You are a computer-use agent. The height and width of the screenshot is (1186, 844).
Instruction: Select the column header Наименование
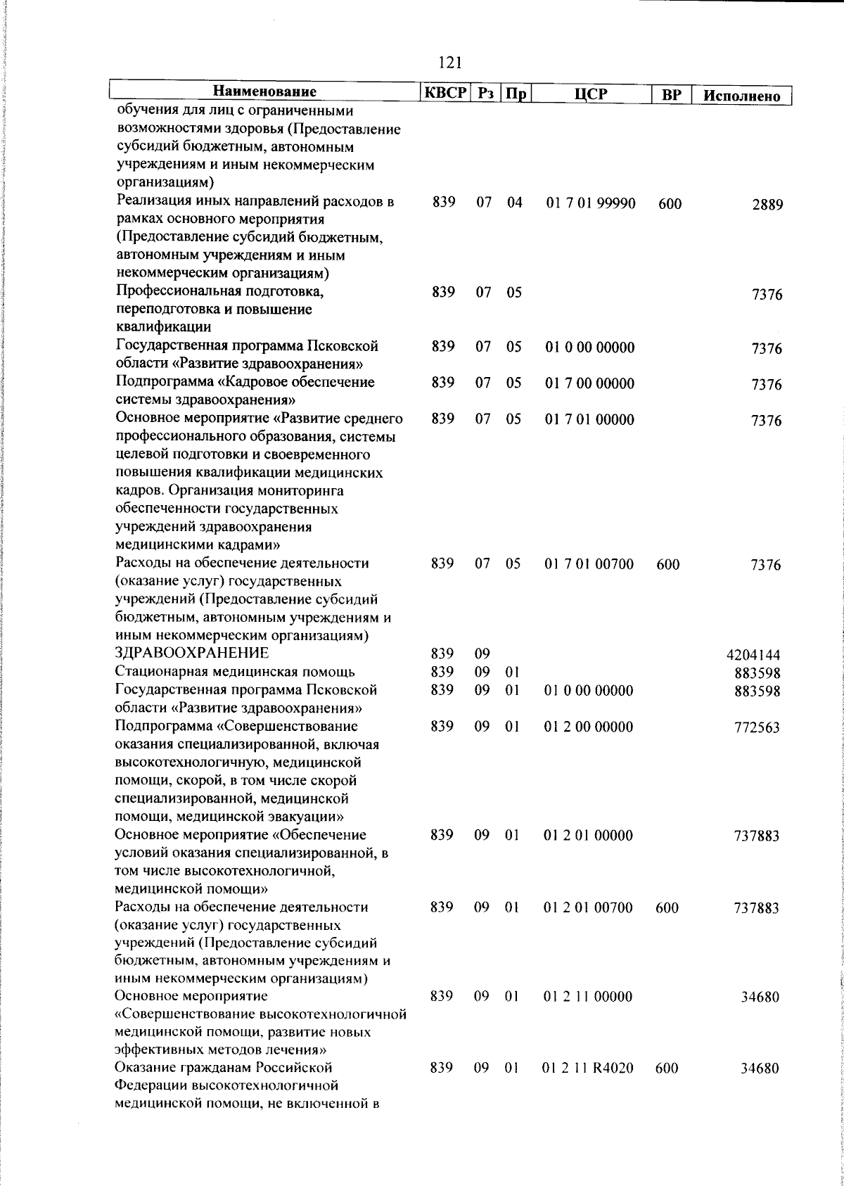(264, 92)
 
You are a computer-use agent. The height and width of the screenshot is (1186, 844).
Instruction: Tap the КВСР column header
(444, 93)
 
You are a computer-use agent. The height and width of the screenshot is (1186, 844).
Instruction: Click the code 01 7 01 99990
(590, 203)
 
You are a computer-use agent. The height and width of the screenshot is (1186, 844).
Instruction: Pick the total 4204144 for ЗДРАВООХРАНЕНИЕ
(753, 656)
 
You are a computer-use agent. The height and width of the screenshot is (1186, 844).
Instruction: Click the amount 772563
(757, 728)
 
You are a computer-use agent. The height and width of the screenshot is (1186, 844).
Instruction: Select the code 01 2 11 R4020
(588, 1088)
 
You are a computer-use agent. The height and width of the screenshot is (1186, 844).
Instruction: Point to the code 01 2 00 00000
(588, 727)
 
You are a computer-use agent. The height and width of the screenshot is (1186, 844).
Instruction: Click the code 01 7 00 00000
(589, 383)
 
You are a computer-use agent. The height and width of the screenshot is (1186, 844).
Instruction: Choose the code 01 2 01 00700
(588, 907)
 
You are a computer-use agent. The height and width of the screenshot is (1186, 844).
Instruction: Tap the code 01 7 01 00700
(589, 564)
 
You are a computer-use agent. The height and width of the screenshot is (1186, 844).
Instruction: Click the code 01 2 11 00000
(588, 996)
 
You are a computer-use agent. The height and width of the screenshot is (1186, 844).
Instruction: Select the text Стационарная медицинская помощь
(235, 671)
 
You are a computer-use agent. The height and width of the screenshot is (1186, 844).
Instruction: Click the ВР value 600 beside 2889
(670, 205)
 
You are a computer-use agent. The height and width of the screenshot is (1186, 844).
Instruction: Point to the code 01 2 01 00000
(588, 835)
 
